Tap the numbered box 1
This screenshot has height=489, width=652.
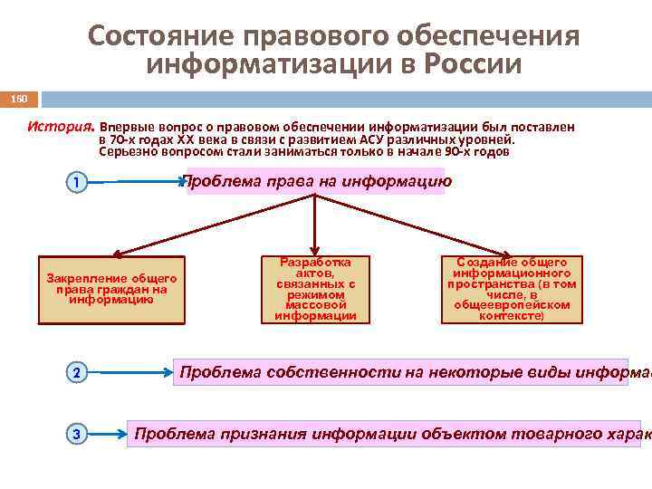[77, 184]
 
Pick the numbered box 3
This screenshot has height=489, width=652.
[77, 435]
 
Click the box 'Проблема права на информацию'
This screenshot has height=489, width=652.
[315, 181]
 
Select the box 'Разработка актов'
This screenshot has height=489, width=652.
[314, 289]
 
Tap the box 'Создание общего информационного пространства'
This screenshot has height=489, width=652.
[511, 289]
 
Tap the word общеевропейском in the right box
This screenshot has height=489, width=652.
[511, 305]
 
